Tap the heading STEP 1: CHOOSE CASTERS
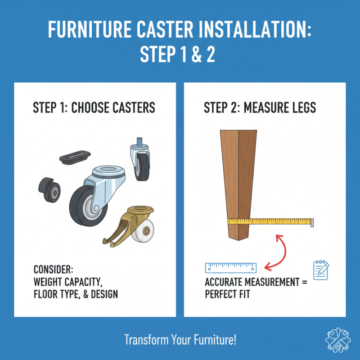click(x=94, y=108)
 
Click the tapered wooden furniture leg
click(x=237, y=180)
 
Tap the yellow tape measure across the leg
click(x=270, y=221)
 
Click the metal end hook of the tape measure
click(x=312, y=222)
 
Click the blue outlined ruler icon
click(x=230, y=268)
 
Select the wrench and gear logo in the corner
click(x=337, y=339)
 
